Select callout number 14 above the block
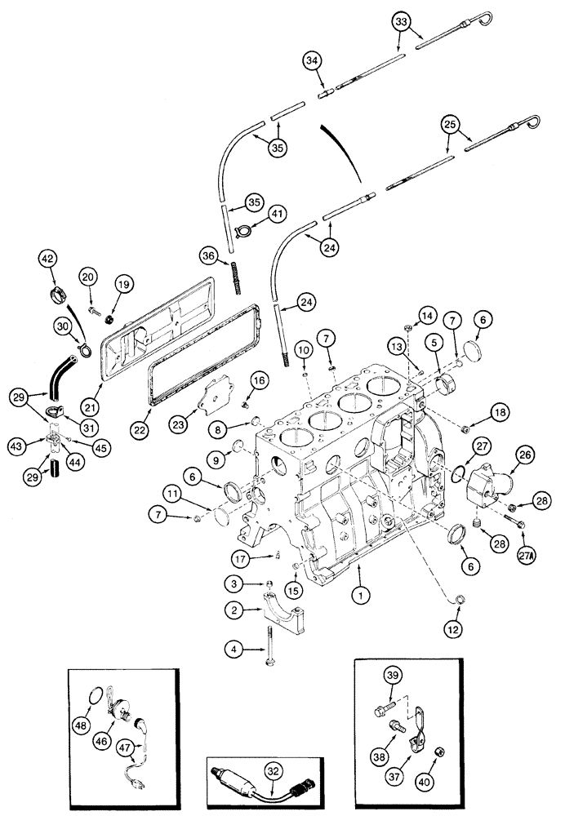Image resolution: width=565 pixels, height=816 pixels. click(426, 316)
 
